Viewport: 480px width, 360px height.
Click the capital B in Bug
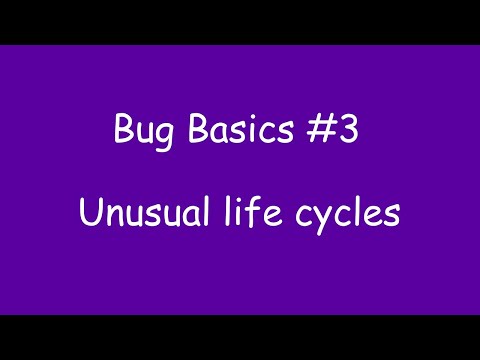tap(121, 131)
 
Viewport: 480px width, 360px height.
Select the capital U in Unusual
tap(88, 213)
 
